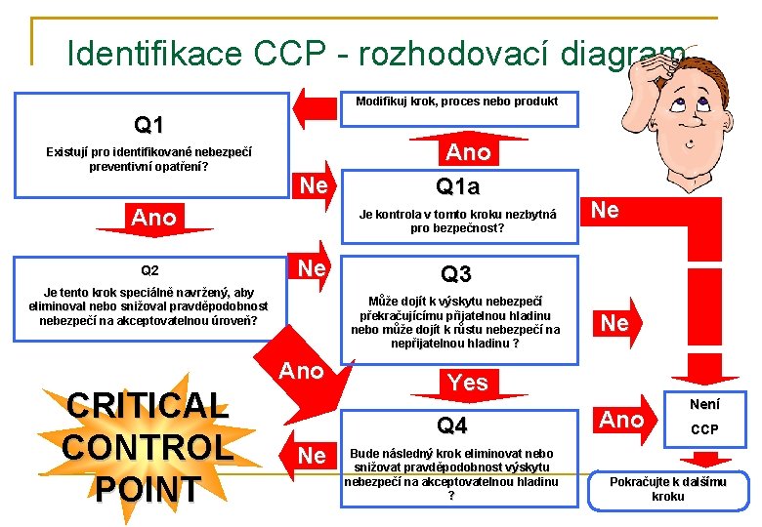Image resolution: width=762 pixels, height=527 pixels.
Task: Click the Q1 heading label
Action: tap(148, 125)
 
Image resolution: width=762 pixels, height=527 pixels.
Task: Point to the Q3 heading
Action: tap(456, 274)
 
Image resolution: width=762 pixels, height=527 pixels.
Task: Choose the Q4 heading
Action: tap(452, 425)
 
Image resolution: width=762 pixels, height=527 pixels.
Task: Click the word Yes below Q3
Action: tap(467, 383)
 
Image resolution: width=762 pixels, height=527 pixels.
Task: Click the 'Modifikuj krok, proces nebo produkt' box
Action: tap(456, 101)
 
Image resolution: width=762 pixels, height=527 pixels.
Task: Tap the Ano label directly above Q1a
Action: tap(468, 153)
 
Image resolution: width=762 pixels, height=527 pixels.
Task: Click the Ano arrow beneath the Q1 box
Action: tap(153, 219)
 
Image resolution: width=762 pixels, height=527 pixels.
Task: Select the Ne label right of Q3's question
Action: tap(614, 323)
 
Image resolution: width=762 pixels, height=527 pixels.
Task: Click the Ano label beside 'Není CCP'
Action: tap(621, 420)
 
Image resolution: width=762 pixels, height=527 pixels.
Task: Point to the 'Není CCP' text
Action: tap(703, 415)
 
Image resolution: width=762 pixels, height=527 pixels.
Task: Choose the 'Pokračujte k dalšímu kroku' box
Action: tap(667, 488)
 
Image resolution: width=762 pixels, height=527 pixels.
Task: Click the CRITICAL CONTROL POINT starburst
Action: tap(147, 447)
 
